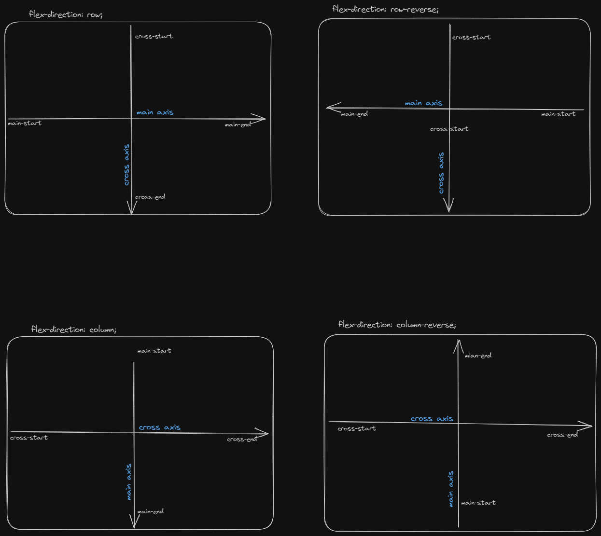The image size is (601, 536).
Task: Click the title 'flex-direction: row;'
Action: [x=66, y=14]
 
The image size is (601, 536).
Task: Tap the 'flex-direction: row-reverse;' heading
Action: [x=385, y=9]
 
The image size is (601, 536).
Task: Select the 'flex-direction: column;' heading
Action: [x=73, y=329]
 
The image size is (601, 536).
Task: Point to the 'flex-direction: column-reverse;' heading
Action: [x=397, y=325]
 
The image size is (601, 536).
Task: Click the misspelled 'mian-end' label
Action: [x=478, y=356]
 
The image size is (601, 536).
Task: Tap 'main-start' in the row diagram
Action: [x=25, y=123]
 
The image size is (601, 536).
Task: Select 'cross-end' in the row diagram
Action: [x=150, y=197]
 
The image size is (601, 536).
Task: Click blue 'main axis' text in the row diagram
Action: [x=155, y=112]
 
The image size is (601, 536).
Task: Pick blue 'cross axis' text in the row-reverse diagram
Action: [x=441, y=173]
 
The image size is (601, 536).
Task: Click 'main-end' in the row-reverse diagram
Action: [x=354, y=114]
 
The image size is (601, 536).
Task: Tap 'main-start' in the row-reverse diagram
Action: [x=559, y=114]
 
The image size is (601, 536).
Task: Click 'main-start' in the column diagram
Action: [x=154, y=351]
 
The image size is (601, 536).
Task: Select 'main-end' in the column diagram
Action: [x=151, y=511]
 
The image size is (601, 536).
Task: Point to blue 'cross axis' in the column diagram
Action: [x=160, y=427]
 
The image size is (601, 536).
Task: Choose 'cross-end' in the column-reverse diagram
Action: [x=562, y=435]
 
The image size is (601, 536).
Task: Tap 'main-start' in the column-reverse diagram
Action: [x=478, y=503]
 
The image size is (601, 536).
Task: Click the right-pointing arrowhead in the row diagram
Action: [x=259, y=119]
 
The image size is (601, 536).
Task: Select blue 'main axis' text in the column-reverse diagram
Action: [x=450, y=489]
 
